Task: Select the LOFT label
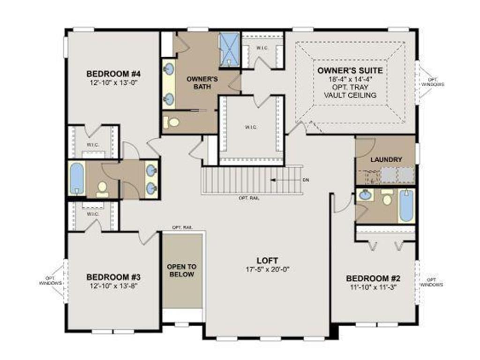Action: pos(267,261)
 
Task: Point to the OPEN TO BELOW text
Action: pos(182,270)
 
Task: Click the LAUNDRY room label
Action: pos(386,159)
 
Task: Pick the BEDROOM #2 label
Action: pos(373,278)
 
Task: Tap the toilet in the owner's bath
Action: pos(172,122)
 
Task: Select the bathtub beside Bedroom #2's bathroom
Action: pos(406,205)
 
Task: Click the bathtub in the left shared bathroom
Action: pos(77,178)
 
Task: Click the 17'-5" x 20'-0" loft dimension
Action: pos(267,270)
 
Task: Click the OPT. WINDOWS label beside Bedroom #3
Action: pos(51,281)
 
